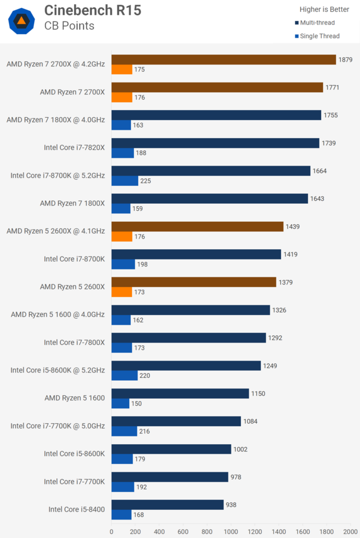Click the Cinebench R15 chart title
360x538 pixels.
point(93,11)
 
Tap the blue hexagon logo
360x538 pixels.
point(21,21)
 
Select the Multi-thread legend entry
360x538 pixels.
point(318,23)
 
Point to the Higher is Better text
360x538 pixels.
point(324,9)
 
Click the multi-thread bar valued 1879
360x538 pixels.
point(224,59)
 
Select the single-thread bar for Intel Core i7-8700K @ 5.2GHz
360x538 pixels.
point(125,181)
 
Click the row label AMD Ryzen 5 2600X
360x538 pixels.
point(72,287)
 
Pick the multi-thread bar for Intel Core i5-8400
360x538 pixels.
point(167,505)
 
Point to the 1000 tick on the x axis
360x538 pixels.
point(231,531)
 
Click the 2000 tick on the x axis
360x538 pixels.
point(350,531)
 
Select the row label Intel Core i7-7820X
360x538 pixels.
point(74,148)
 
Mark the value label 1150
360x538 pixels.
point(258,393)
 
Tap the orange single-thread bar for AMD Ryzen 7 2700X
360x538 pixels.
point(122,97)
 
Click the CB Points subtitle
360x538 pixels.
point(69,26)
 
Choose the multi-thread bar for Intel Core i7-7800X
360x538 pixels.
point(188,338)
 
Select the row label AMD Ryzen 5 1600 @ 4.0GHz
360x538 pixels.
point(58,314)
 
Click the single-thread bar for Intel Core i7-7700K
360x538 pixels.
point(123,487)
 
